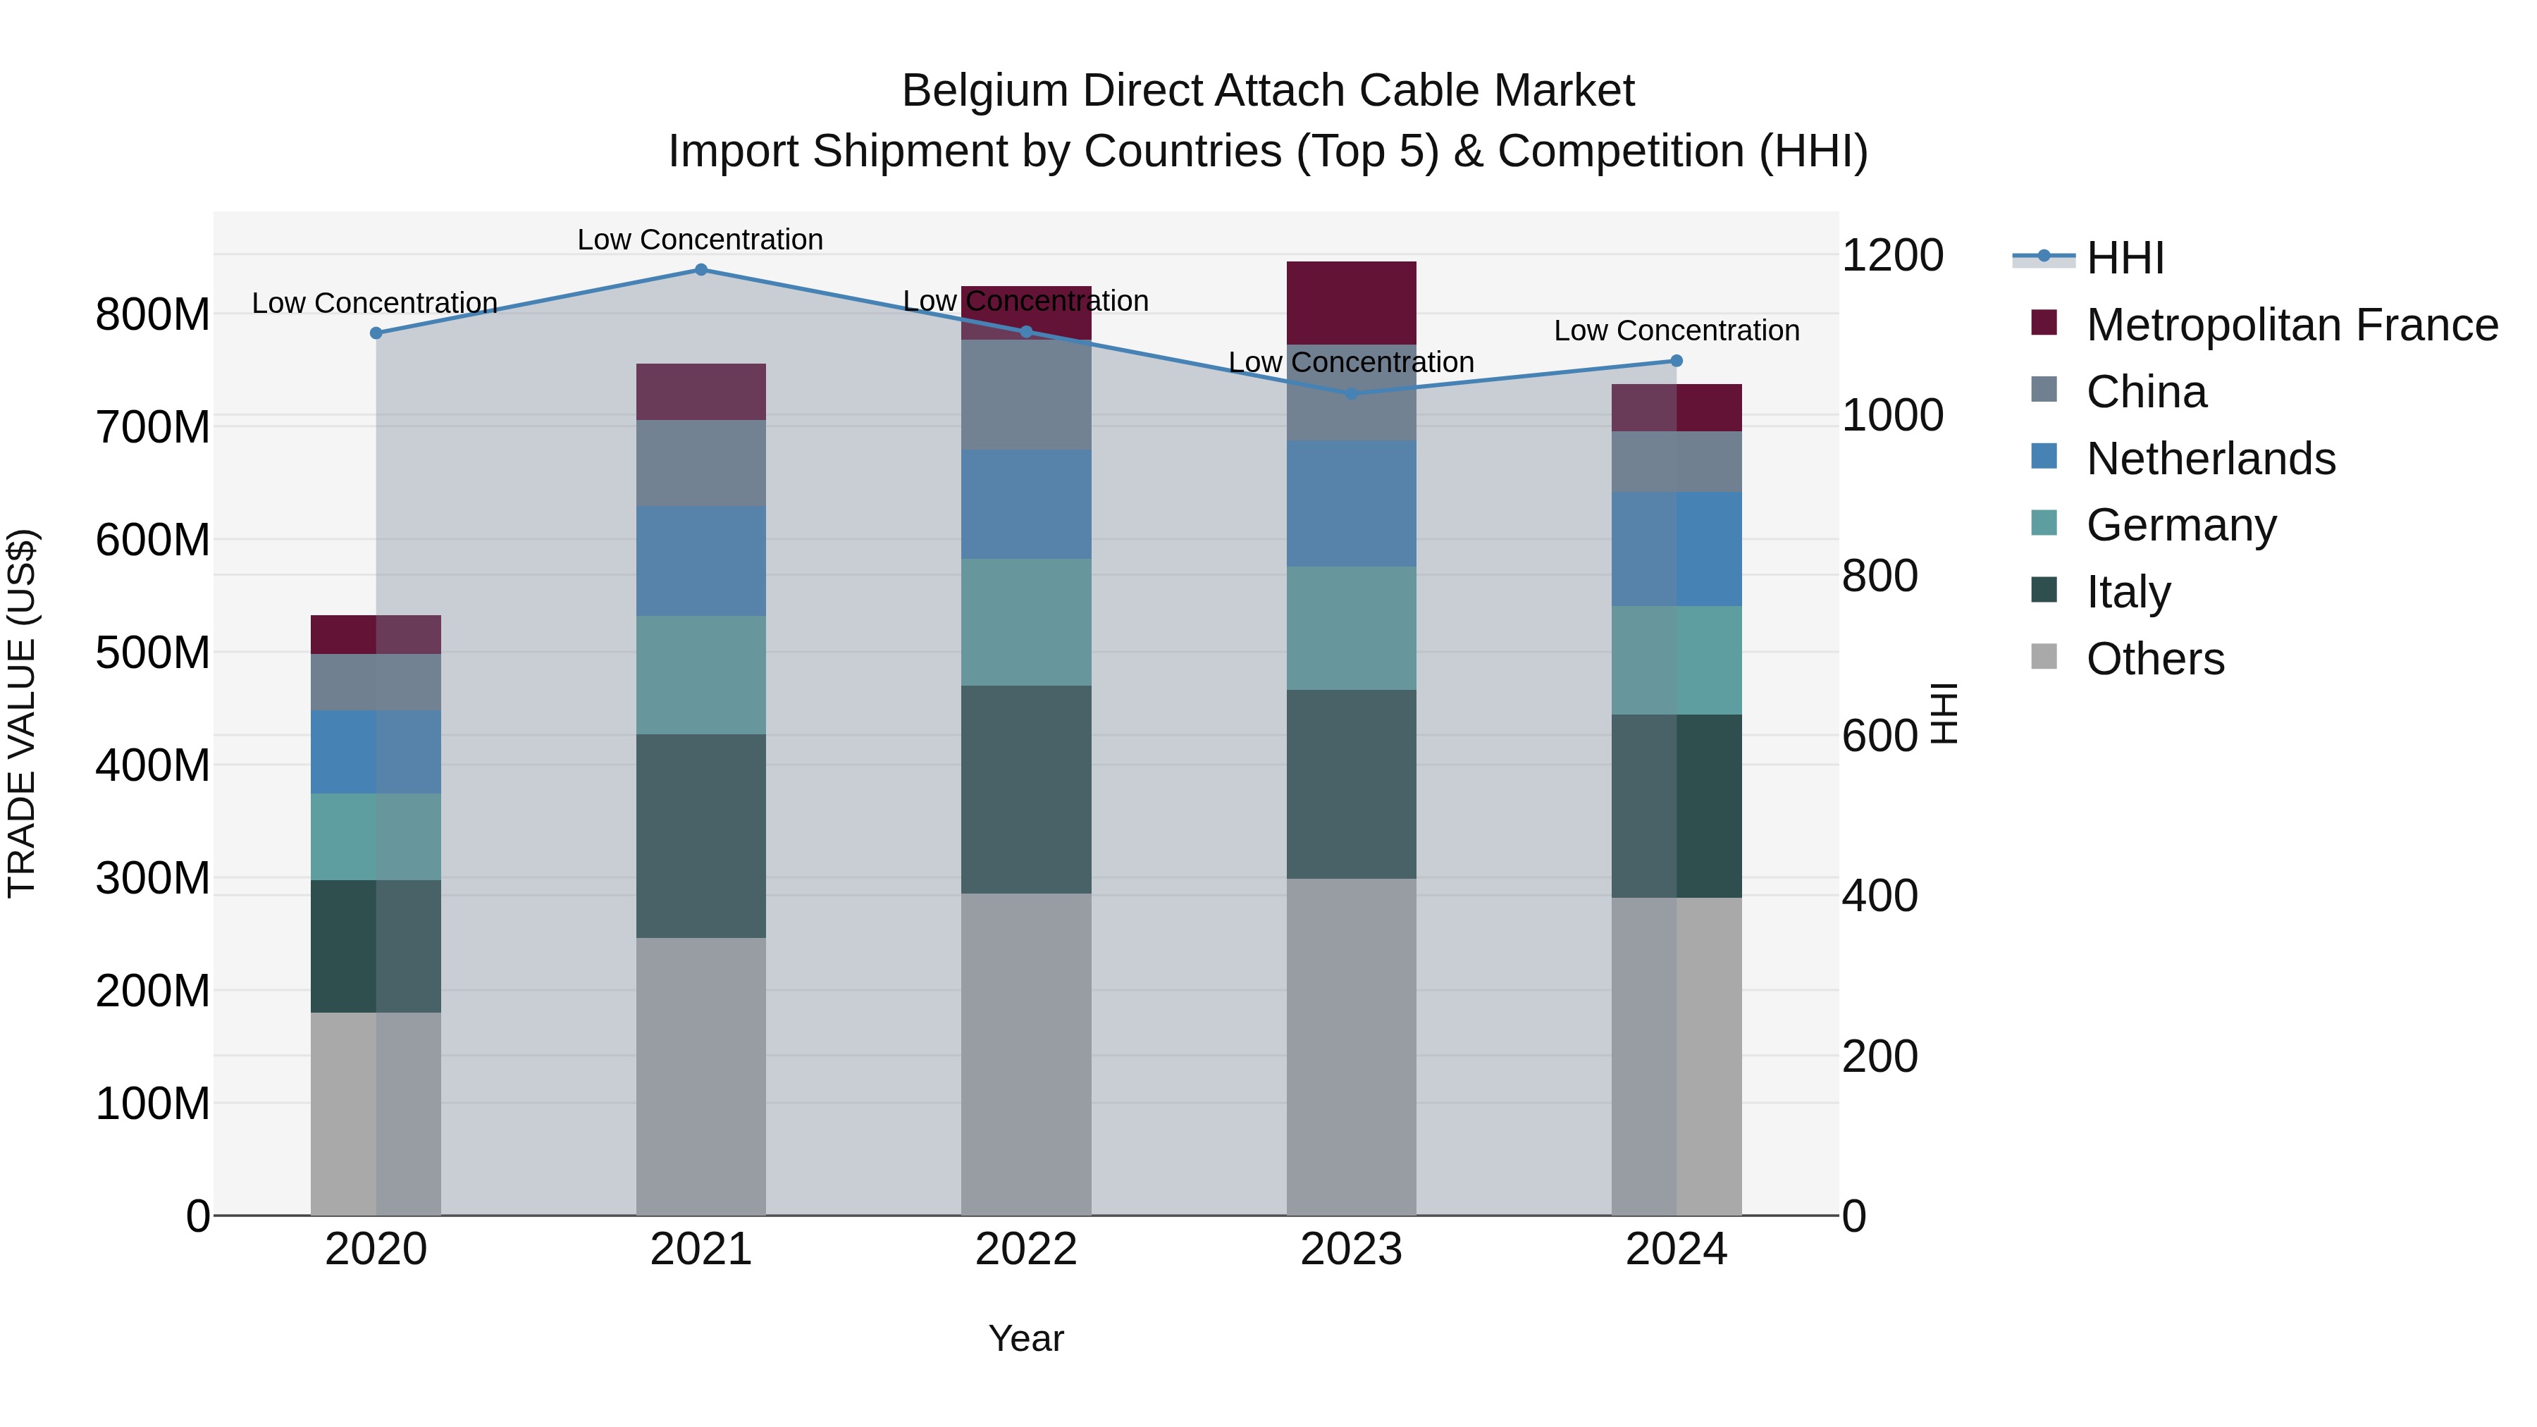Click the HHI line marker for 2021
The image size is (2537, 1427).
coord(701,269)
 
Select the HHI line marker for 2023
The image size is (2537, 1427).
coord(1351,394)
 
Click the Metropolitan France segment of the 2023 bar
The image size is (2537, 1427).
coord(1351,302)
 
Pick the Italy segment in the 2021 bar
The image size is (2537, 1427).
coord(701,835)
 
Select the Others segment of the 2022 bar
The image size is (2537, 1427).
coord(1026,1054)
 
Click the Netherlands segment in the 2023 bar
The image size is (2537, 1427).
coord(1351,502)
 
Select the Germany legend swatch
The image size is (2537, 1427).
coord(2044,524)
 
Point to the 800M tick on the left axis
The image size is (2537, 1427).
coord(153,315)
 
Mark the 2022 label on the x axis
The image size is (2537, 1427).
coord(1026,1249)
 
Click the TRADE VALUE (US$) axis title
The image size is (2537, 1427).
coord(22,713)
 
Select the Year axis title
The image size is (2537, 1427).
coord(1026,1338)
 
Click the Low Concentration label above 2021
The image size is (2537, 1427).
coord(700,240)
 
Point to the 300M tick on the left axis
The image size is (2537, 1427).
coord(153,877)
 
